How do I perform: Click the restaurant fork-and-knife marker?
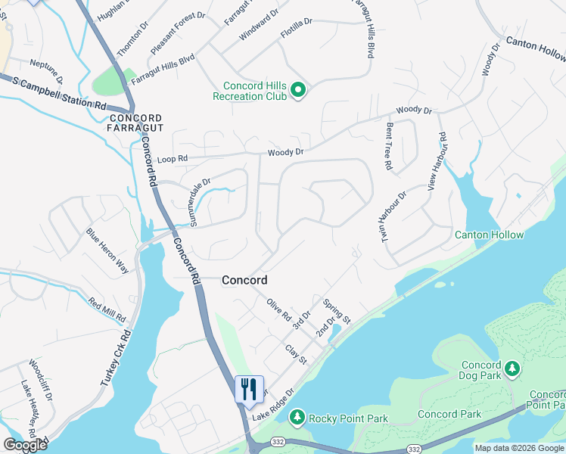click(249, 390)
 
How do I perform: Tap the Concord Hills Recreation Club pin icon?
click(298, 92)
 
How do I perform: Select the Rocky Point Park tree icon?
click(298, 418)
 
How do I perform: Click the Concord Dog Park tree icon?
click(512, 368)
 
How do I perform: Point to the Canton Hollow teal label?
click(489, 235)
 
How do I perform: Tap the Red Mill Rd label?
click(107, 309)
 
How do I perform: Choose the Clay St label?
click(295, 354)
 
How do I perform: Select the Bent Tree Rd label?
click(389, 145)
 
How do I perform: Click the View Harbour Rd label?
click(437, 161)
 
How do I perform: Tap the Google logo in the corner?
click(25, 445)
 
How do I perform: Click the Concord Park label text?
click(448, 414)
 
